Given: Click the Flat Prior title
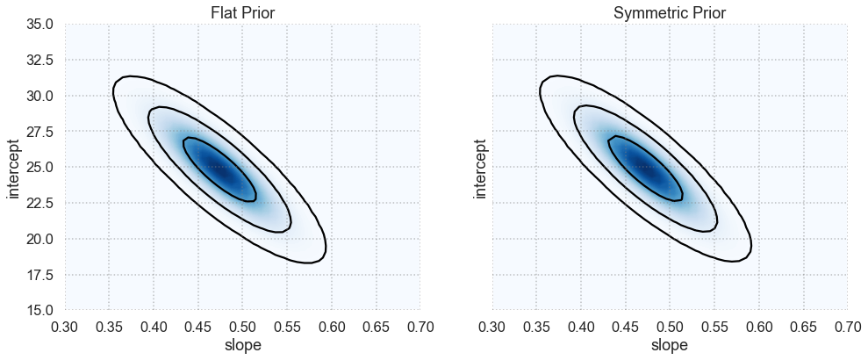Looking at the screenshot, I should (x=242, y=13).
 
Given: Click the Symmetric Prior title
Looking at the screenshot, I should (x=670, y=13).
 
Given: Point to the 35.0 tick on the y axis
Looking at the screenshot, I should (x=39, y=24).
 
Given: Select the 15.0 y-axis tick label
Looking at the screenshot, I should (x=39, y=311).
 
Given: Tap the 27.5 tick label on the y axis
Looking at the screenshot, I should (x=39, y=132).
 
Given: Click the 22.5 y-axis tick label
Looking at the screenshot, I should (x=39, y=203).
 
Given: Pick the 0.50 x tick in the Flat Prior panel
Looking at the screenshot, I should (x=242, y=328).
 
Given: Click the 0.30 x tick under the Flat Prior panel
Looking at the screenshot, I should (x=64, y=328).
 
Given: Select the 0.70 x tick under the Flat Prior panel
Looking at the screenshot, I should (x=420, y=328).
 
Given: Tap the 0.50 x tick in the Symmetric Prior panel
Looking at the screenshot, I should (x=670, y=328).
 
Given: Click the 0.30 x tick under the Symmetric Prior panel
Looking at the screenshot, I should (x=491, y=328).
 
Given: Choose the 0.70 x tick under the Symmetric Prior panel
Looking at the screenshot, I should (x=847, y=328).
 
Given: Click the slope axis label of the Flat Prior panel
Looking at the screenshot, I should (x=242, y=346).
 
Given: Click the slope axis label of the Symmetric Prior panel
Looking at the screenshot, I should (x=670, y=346).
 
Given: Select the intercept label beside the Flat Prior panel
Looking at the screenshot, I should (x=15, y=167).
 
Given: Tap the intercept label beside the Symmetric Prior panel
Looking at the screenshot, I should (x=481, y=167).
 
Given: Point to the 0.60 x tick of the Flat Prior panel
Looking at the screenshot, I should (x=332, y=328).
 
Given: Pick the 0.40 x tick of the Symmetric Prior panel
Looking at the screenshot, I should (x=580, y=328).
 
